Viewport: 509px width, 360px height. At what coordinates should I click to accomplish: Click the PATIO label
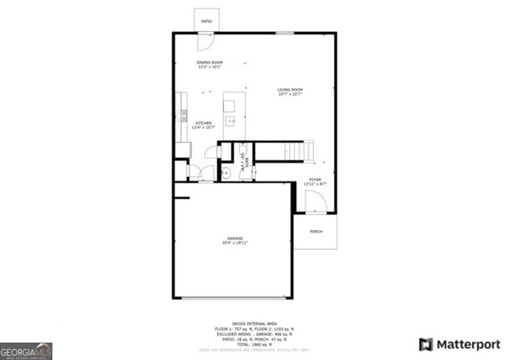coord(207,21)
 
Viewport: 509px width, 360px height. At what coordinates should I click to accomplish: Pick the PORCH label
coord(316,232)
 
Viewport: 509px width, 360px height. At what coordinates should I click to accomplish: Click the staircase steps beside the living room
coord(298,149)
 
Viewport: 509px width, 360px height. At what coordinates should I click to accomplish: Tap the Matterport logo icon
coord(426,344)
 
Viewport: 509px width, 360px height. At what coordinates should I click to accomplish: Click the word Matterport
coord(467,344)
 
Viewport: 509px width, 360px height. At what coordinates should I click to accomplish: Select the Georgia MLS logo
coord(27,349)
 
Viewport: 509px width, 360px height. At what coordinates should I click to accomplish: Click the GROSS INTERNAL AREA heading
coord(254,322)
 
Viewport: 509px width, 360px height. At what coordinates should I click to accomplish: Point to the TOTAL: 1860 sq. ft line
coord(254,344)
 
